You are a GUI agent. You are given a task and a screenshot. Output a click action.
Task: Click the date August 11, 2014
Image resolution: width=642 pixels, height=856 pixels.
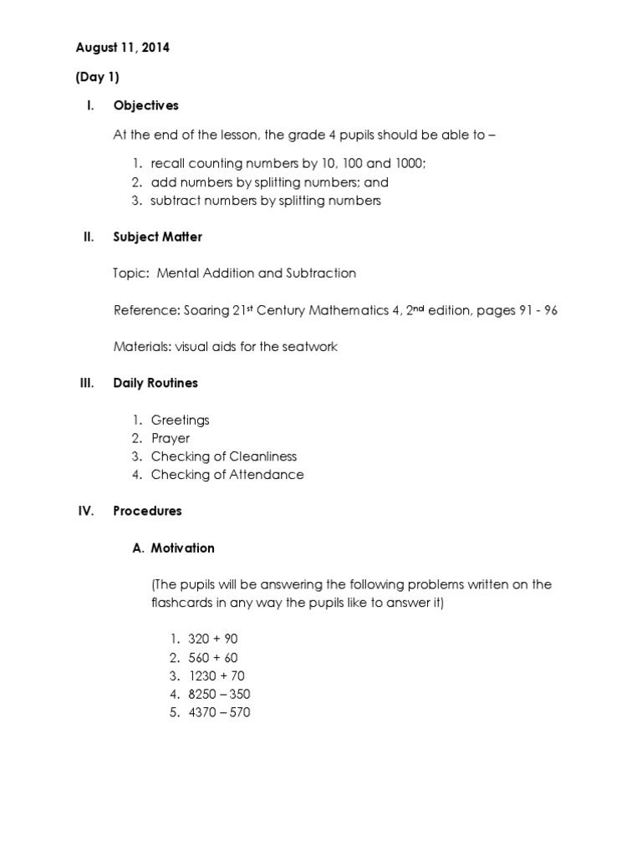(122, 48)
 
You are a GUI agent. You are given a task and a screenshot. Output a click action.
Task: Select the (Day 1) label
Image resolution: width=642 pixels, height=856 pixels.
(98, 77)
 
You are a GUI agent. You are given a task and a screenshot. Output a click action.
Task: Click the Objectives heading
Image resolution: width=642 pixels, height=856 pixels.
(146, 105)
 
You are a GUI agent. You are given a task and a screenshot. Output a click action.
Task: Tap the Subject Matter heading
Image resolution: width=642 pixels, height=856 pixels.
(158, 237)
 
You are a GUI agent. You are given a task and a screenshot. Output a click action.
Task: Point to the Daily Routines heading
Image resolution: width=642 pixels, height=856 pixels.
(155, 383)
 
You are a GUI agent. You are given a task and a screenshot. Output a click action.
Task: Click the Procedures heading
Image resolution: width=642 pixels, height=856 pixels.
(147, 510)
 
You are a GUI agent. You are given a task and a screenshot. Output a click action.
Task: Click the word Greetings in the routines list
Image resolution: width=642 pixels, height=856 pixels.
(180, 420)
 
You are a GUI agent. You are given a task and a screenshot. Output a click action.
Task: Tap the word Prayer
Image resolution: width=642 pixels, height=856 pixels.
(171, 438)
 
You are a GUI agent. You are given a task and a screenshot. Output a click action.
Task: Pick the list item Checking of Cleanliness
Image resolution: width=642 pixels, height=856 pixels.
(224, 456)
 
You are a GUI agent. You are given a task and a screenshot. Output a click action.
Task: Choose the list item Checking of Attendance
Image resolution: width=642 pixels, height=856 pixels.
(227, 475)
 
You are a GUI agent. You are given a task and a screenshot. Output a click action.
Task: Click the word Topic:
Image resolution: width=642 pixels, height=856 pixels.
(131, 273)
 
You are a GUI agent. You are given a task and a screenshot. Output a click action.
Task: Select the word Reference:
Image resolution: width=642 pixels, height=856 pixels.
(146, 310)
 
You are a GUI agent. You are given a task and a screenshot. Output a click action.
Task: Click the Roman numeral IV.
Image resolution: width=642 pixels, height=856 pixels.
(85, 510)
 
